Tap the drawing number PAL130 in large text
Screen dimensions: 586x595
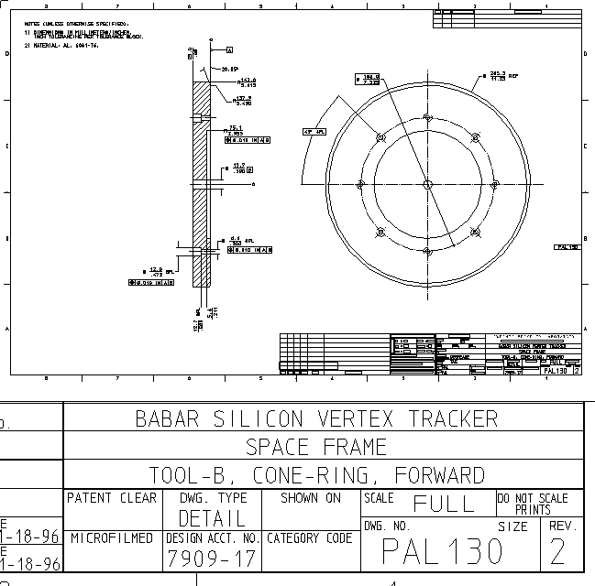click(x=443, y=551)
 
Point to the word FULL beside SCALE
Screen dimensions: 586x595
click(x=444, y=504)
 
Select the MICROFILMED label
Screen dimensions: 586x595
click(x=112, y=538)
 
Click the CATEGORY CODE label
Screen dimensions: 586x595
click(x=309, y=538)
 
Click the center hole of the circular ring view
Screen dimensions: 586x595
click(x=428, y=183)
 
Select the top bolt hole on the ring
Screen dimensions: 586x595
click(x=428, y=116)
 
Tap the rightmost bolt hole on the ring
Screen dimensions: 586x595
click(x=495, y=184)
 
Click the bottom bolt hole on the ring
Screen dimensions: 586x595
click(x=428, y=251)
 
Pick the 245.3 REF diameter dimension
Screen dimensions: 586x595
click(x=499, y=76)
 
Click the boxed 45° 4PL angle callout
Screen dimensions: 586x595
click(x=314, y=132)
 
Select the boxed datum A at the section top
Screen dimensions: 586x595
click(x=229, y=49)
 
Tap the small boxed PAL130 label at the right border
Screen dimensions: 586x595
click(x=567, y=247)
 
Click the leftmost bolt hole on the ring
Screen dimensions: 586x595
click(x=360, y=184)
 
